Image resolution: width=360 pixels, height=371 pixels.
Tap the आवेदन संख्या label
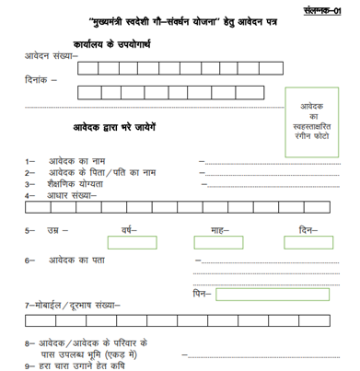click(52, 57)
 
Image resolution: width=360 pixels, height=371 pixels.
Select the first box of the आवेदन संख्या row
click(88, 68)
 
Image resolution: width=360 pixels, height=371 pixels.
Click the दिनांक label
click(41, 80)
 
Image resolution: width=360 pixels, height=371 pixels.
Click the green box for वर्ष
click(132, 242)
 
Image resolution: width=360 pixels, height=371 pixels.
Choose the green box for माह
click(218, 242)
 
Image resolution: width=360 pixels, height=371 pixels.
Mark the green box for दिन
click(308, 242)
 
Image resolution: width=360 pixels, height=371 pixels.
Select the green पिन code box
click(272, 295)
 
